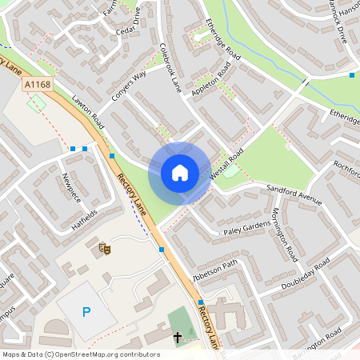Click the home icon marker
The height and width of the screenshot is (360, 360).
180,173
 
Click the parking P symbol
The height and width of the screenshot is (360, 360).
86,311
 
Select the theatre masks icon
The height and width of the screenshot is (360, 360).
104,249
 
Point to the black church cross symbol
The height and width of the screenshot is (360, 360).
177,337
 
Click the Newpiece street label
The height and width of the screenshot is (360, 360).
71,189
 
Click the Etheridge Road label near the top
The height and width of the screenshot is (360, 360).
222,38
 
